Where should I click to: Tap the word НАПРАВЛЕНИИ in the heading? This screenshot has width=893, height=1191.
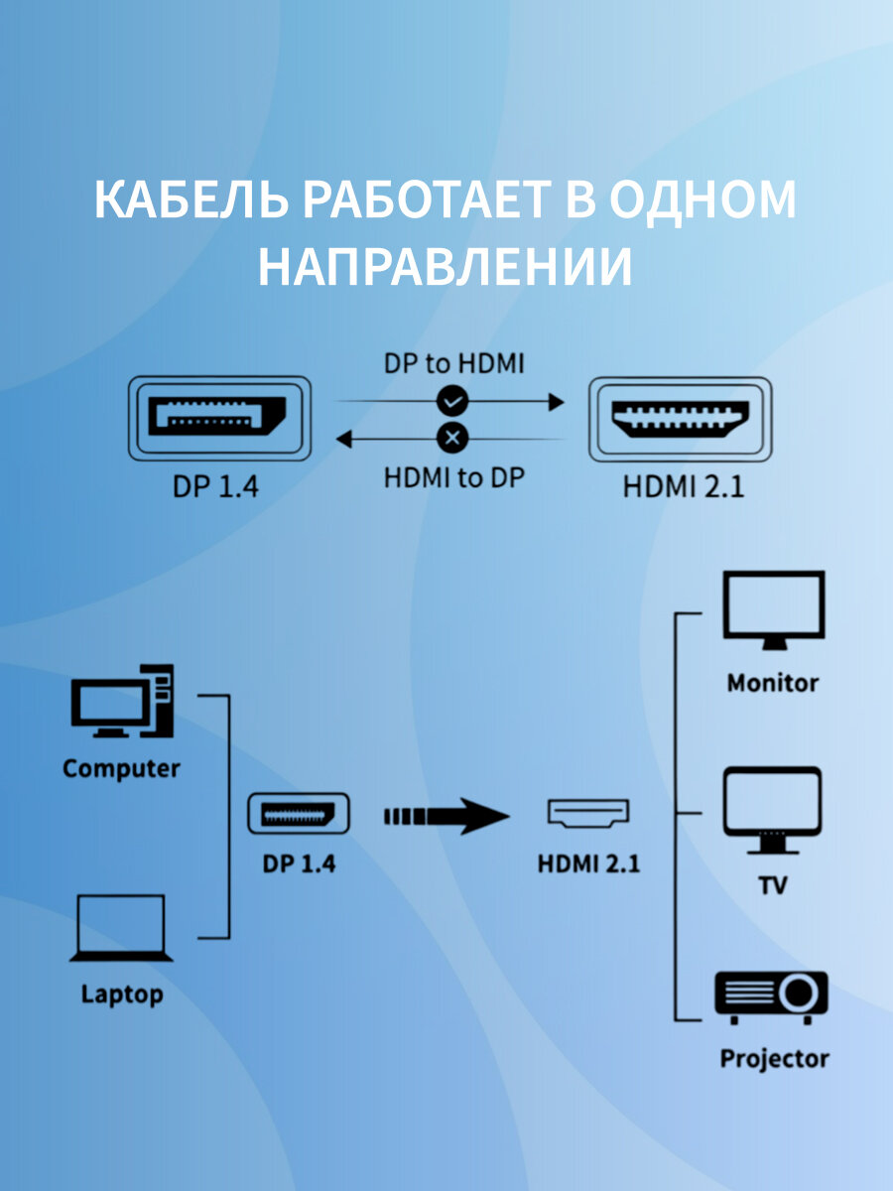[x=446, y=265]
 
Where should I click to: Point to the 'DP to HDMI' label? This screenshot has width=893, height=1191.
[x=453, y=363]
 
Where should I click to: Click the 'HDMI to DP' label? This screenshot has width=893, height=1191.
[x=453, y=477]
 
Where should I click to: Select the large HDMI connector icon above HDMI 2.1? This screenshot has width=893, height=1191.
[x=680, y=418]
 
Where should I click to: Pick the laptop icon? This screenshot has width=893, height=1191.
[x=121, y=929]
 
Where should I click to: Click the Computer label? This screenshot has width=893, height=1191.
[x=121, y=768]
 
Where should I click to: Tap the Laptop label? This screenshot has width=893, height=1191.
[x=121, y=993]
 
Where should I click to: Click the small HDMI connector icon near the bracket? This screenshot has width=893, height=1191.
[x=588, y=814]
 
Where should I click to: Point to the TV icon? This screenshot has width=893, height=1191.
[x=772, y=810]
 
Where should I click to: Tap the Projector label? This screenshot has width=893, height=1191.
[x=774, y=1058]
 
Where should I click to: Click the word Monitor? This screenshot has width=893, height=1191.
[x=773, y=683]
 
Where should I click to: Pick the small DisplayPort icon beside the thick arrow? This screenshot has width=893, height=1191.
[x=298, y=815]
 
